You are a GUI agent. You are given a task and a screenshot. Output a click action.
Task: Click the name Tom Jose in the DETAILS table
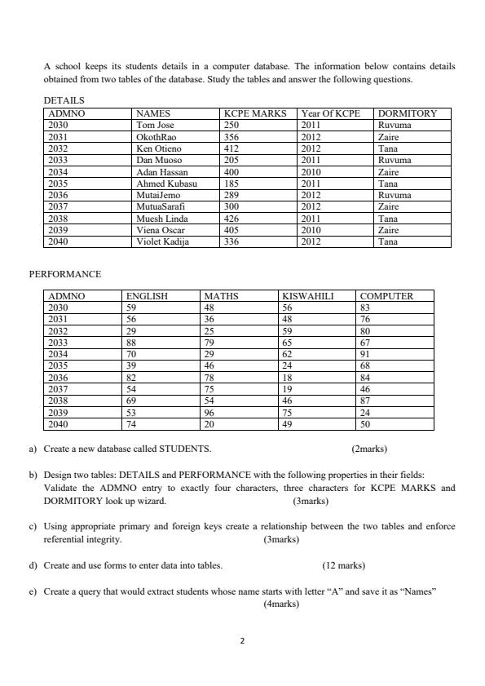(x=155, y=126)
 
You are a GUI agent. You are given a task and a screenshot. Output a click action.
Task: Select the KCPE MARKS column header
(x=255, y=114)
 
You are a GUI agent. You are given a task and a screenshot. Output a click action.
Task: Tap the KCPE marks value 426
(x=231, y=219)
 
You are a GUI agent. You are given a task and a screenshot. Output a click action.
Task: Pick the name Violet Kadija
(x=162, y=242)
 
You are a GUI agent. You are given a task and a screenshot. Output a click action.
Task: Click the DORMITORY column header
(x=408, y=114)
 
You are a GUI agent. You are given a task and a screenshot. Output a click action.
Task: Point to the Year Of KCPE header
(x=331, y=114)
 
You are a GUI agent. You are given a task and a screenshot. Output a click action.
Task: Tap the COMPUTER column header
(x=386, y=296)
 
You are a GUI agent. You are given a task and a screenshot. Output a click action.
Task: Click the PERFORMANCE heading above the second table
(x=65, y=275)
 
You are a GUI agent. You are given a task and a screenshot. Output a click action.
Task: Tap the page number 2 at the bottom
(x=242, y=641)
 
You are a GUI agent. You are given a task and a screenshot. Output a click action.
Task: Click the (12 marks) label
(x=343, y=564)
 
